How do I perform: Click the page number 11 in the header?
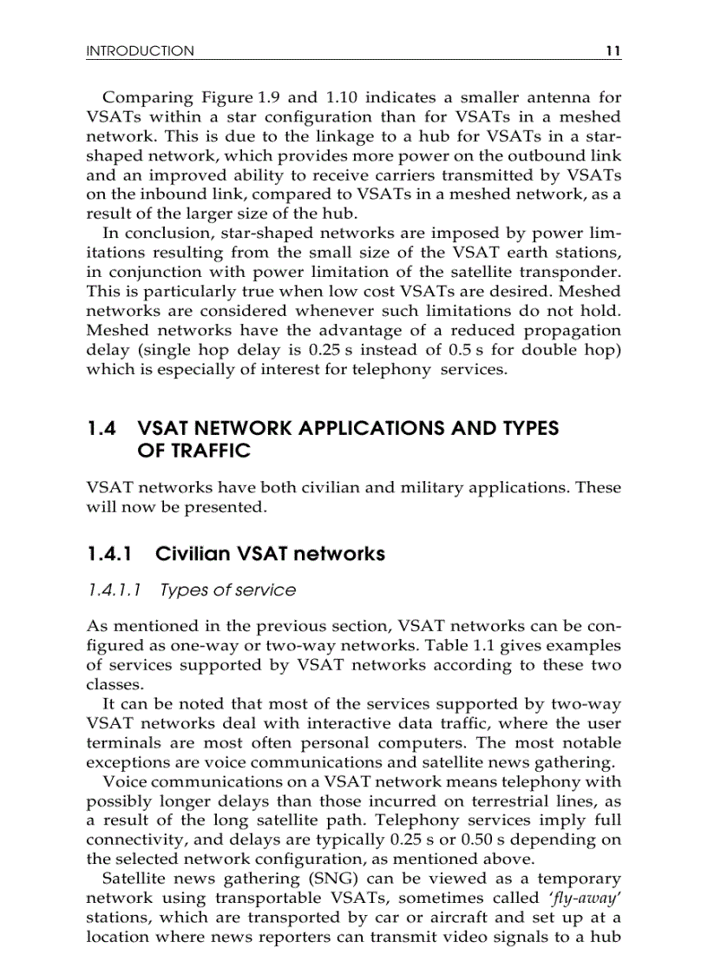tap(613, 51)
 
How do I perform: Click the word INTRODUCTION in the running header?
tap(140, 51)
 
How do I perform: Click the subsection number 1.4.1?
tap(110, 554)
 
